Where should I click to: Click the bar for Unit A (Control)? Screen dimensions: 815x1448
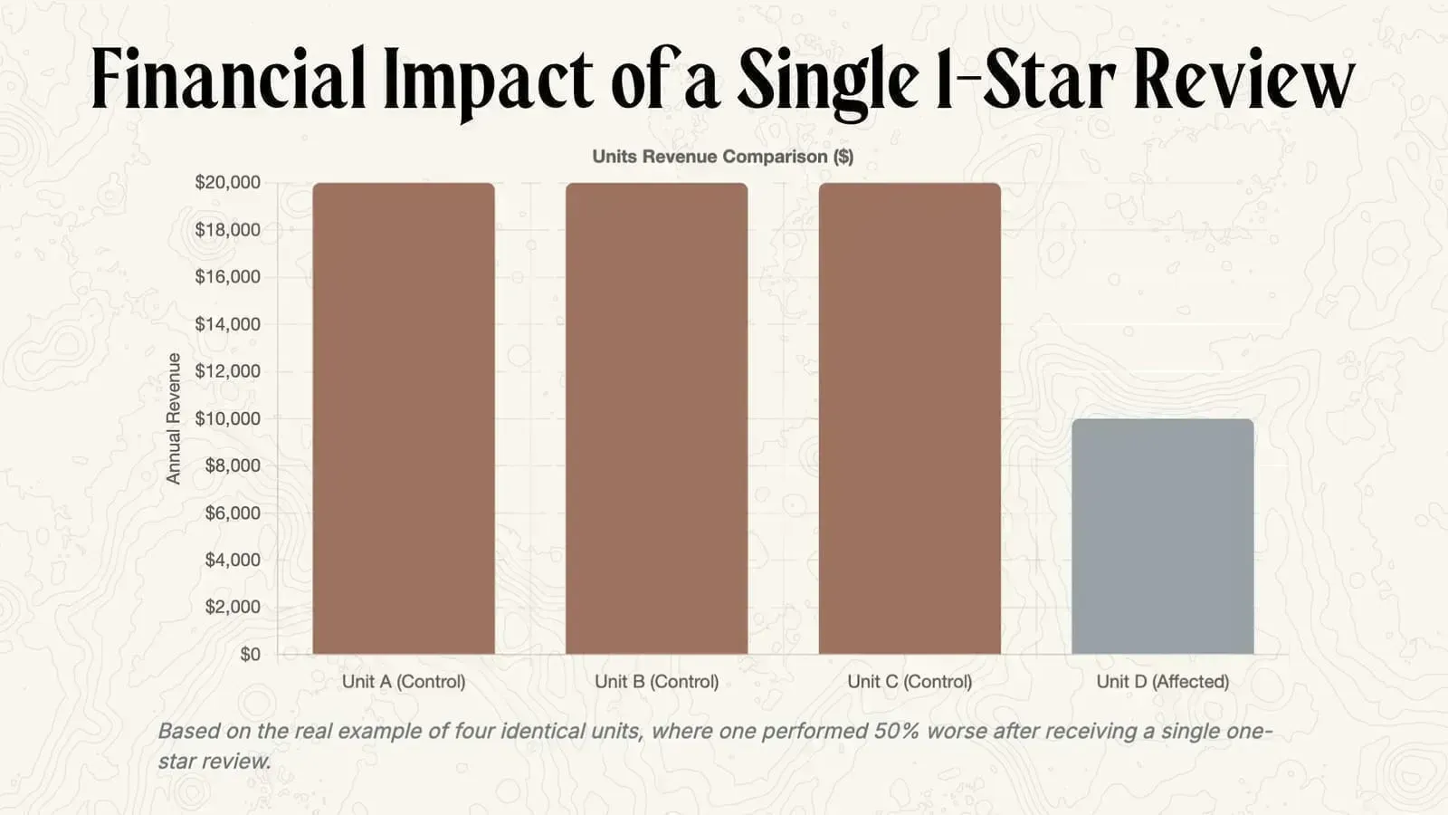[x=404, y=418]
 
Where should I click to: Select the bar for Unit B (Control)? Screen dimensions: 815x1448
[x=657, y=418]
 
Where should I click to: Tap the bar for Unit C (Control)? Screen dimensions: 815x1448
[x=910, y=418]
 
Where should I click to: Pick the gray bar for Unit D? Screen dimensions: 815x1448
[x=1163, y=536]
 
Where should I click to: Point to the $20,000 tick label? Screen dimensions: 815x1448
[x=227, y=182]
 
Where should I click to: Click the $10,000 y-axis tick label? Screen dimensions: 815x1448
[x=227, y=418]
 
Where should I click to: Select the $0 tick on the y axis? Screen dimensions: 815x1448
[x=250, y=654]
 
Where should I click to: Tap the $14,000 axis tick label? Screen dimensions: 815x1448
[x=227, y=324]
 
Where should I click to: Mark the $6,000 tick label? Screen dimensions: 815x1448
[x=233, y=513]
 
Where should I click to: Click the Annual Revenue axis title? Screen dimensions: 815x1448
[x=174, y=418]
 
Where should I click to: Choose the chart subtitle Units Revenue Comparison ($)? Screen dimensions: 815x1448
[x=722, y=157]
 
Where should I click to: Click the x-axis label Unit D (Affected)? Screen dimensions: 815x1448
[x=1163, y=682]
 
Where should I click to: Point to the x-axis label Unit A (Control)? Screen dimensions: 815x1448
[x=404, y=682]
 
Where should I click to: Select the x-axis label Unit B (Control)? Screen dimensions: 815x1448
[x=657, y=682]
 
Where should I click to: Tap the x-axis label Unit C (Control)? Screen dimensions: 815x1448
[x=910, y=682]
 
